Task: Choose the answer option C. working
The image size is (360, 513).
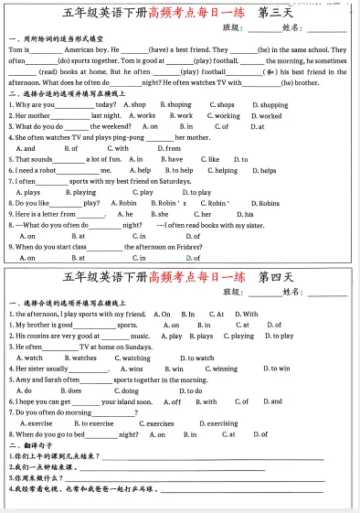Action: tap(224, 116)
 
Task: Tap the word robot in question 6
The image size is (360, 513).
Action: tap(46, 170)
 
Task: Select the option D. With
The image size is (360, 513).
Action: tap(246, 315)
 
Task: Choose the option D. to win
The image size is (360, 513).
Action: tap(277, 369)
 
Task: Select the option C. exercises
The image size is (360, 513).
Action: tap(156, 423)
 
